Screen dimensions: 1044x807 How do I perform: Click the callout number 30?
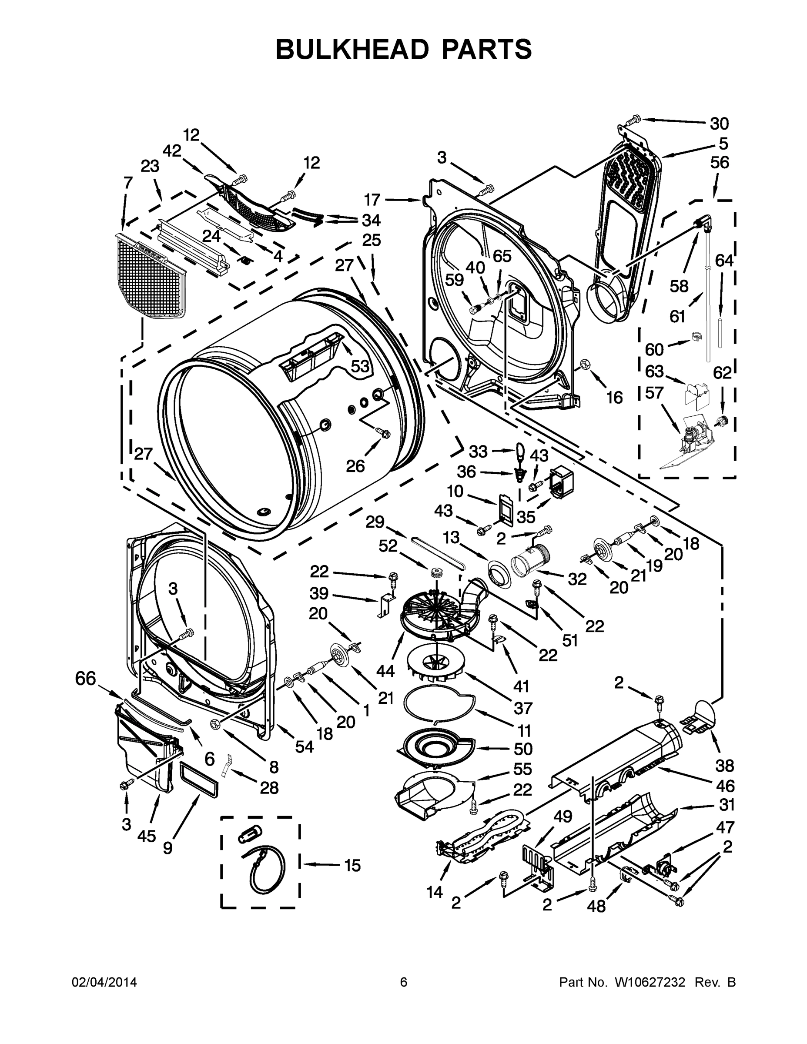pos(719,124)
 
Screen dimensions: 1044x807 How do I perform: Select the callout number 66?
pos(86,679)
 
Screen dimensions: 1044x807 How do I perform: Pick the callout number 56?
pos(719,163)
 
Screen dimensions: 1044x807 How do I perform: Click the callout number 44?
pos(385,671)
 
